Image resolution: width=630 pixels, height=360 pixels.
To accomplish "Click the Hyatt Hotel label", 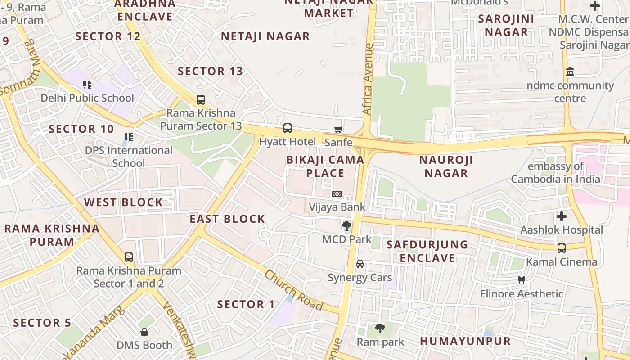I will pos(288,142).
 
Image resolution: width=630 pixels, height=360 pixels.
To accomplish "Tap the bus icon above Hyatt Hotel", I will pos(288,128).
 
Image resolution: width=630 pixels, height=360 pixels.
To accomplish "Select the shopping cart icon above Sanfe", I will pos(338,129).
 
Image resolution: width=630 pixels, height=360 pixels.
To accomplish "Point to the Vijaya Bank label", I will pos(337,207).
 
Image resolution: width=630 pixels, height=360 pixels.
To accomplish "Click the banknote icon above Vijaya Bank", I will pos(337,194).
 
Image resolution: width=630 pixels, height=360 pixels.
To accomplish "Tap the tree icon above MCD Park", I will pos(346,225).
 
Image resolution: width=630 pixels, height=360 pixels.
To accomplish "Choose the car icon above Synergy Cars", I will pos(360,264).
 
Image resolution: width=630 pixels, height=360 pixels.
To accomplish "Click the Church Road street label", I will pos(293,290).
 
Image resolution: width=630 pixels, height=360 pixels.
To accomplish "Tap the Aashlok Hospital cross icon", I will pos(562,216).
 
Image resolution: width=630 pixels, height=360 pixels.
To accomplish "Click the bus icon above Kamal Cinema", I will pos(562,248).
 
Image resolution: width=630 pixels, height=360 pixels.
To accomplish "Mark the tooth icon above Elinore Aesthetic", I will pos(522,280).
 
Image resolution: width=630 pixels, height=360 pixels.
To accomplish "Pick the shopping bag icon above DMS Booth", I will pos(144,332).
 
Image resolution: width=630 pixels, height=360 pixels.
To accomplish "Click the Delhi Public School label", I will pos(87,98).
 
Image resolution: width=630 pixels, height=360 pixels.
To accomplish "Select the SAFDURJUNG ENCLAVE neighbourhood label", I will pos(427,251).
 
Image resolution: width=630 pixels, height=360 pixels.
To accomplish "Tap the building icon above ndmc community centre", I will pos(571,72).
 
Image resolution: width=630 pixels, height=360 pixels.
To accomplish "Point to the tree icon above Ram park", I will pos(380,328).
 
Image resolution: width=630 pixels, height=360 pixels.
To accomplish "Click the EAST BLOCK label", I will pos(227,219).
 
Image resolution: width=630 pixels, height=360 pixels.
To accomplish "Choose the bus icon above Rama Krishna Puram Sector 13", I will pos(201,100).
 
